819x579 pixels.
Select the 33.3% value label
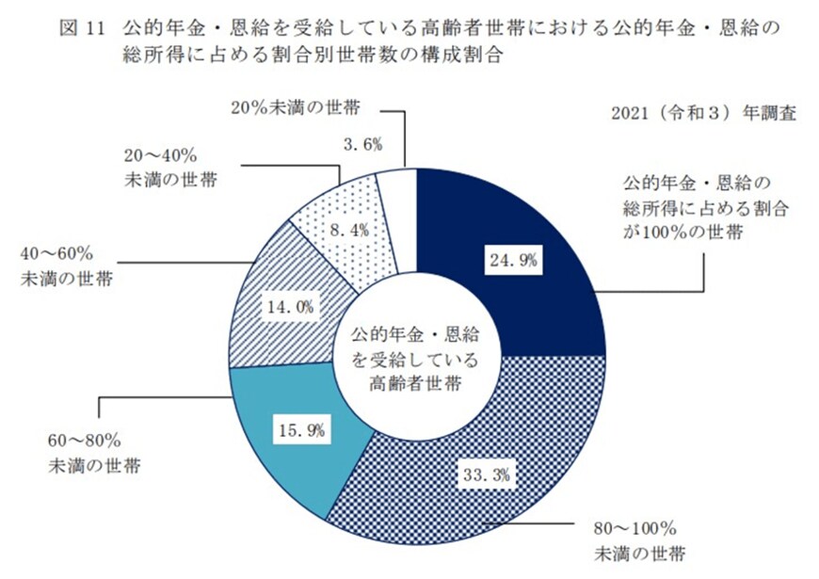(x=487, y=475)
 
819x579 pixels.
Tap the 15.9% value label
(x=301, y=431)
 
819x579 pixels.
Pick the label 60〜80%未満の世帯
(x=94, y=453)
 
